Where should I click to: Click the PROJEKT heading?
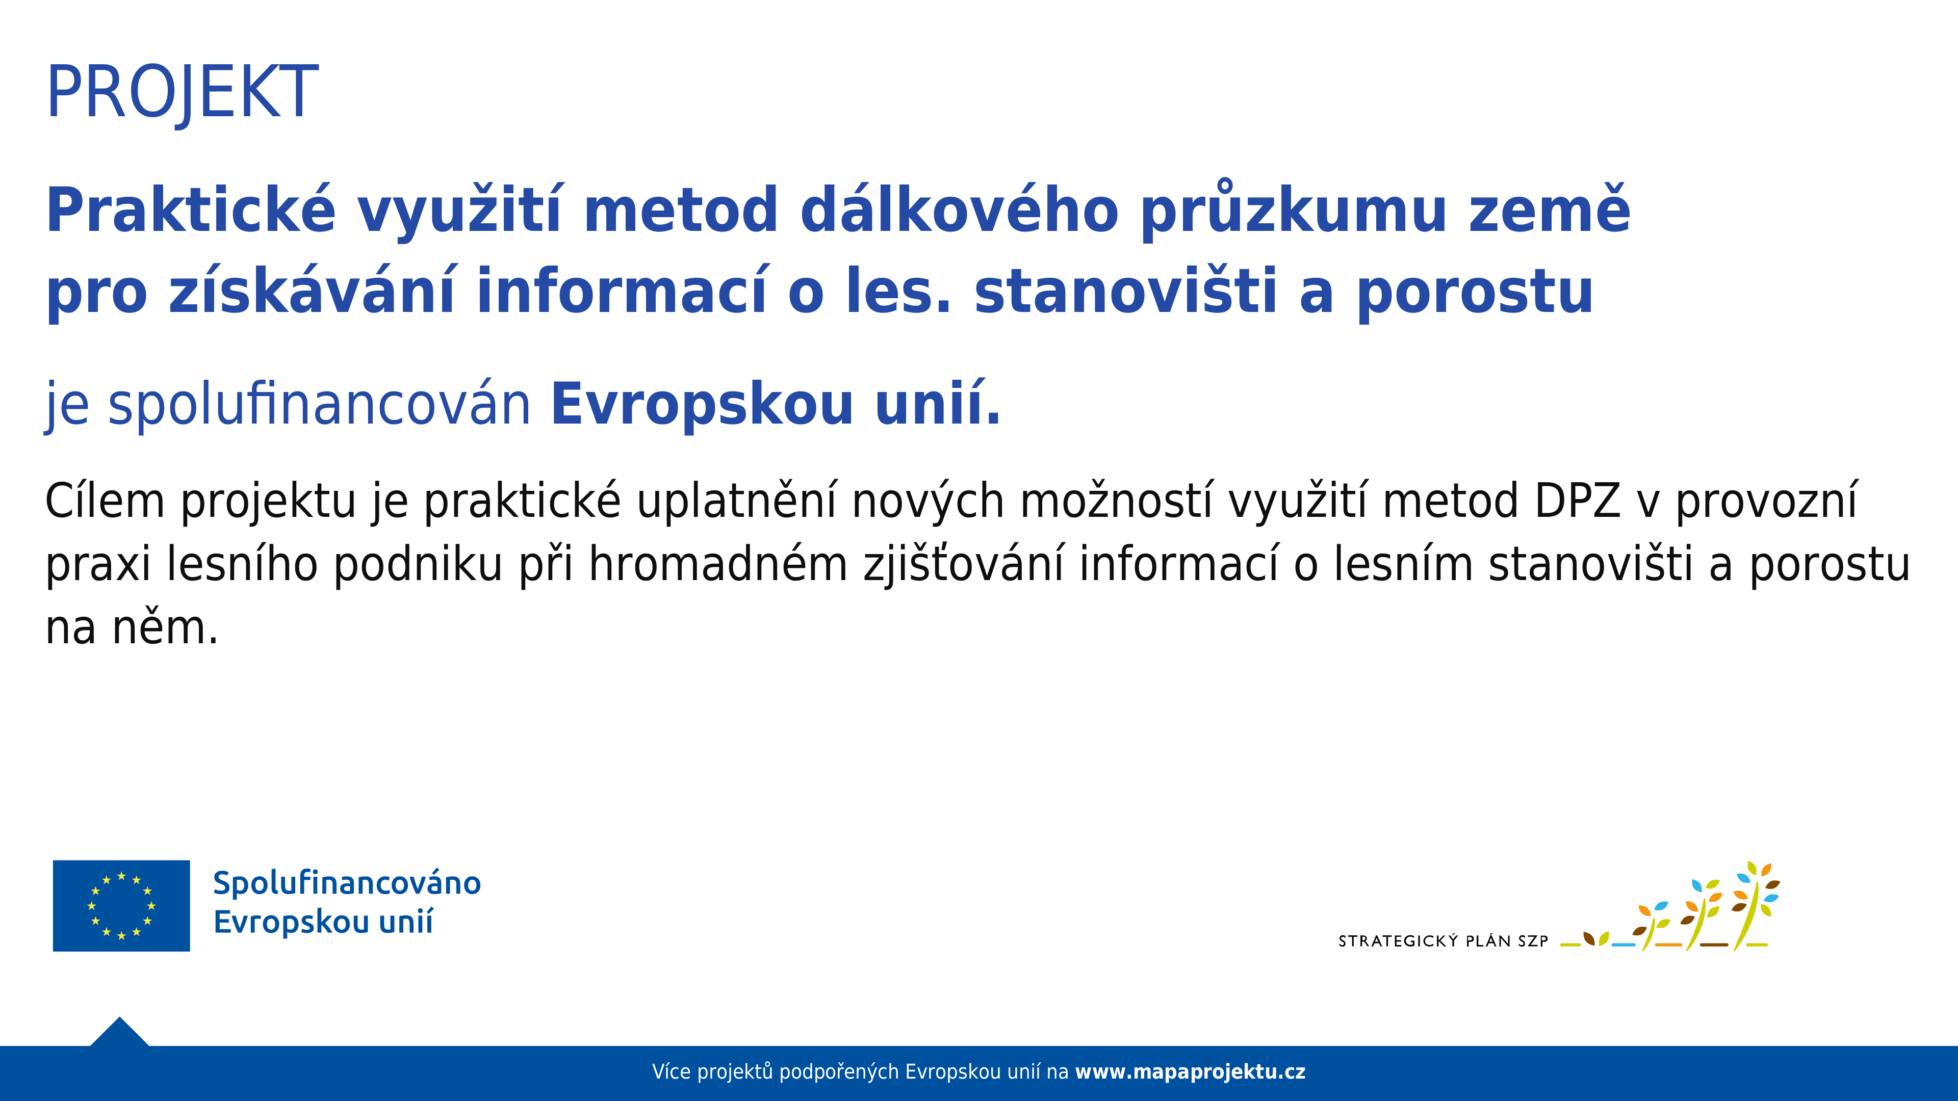[183, 93]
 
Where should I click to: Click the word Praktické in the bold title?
[191, 211]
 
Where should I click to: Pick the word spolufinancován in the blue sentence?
[319, 405]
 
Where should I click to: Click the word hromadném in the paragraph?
[718, 565]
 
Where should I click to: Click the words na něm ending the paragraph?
[132, 628]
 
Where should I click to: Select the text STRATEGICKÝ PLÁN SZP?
[1442, 941]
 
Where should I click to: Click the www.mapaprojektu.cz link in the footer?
[1190, 1072]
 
